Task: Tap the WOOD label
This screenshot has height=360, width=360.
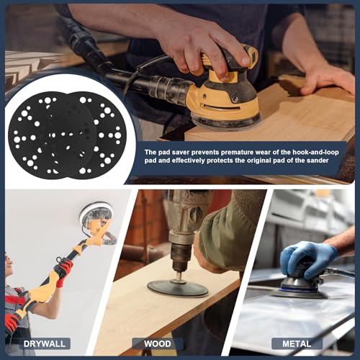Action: (157, 343)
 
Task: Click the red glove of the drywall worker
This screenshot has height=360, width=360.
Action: (63, 268)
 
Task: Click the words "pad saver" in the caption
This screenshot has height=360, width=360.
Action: (179, 152)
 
